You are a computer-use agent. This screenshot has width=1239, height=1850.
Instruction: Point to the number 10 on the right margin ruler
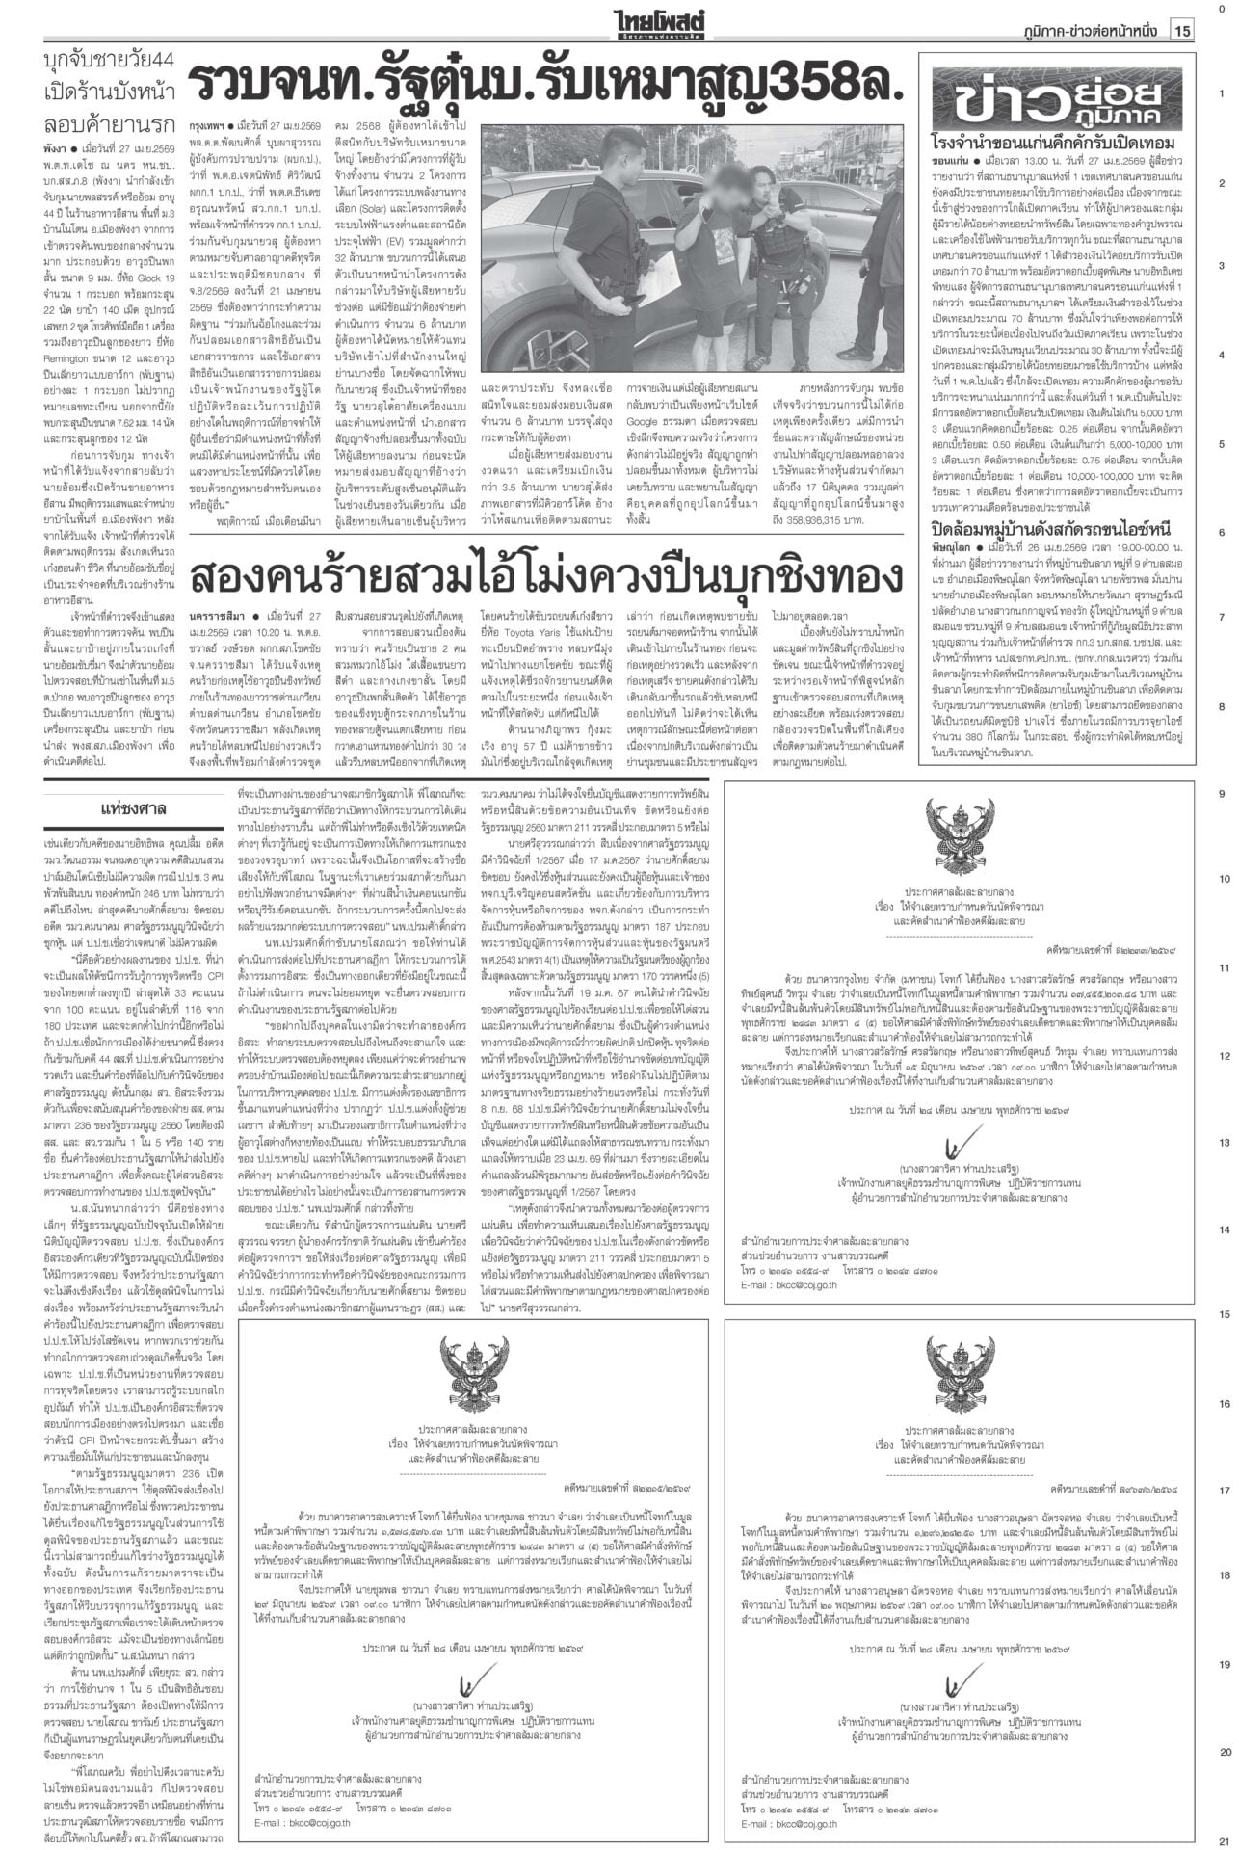pos(1223,880)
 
